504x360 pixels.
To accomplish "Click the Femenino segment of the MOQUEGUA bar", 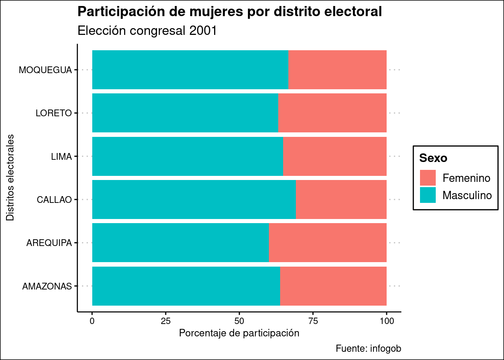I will [337, 70].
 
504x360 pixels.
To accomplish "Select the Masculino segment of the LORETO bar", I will [185, 113].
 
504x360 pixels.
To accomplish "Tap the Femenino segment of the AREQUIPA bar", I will [328, 243].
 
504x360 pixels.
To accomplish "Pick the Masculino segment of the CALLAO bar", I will [194, 199].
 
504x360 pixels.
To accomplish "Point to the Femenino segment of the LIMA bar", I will [335, 156].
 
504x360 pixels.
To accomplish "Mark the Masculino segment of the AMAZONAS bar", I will [186, 286].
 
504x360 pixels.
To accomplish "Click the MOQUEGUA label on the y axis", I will [45, 70].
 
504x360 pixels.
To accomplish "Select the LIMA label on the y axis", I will [61, 157].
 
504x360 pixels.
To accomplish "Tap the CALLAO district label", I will [54, 200].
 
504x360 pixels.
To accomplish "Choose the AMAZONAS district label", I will [47, 286].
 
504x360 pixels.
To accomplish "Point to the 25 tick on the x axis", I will [166, 321].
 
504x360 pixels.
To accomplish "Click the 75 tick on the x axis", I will [313, 321].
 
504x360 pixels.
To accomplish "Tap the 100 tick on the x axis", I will [387, 321].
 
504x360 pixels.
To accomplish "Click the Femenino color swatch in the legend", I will [428, 178].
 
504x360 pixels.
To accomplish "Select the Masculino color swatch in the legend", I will [428, 195].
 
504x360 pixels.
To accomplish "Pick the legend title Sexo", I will [433, 158].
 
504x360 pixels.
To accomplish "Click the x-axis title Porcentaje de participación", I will [239, 333].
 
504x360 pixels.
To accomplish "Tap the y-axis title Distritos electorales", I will [10, 178].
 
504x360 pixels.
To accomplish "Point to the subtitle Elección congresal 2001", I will [147, 31].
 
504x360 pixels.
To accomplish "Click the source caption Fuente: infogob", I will [368, 348].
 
